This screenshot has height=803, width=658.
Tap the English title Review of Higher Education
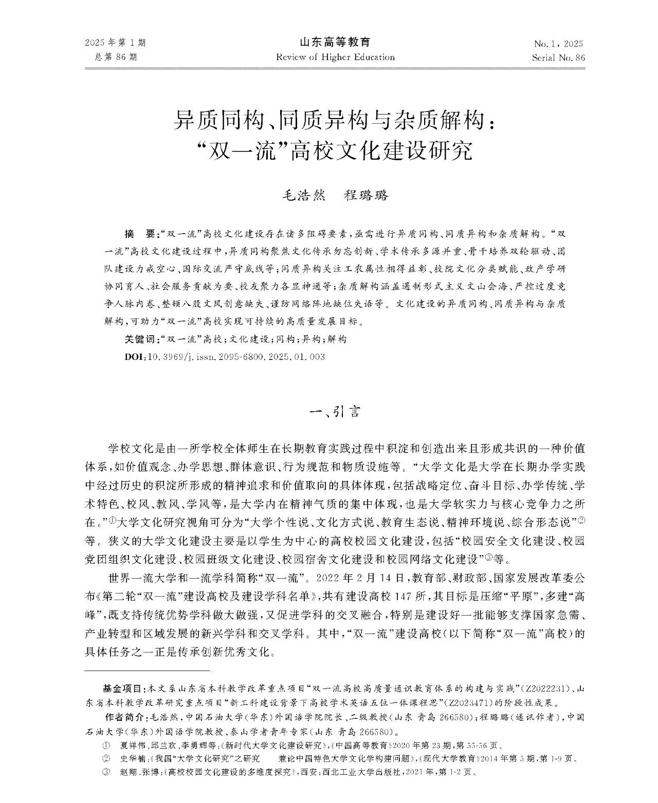(x=335, y=57)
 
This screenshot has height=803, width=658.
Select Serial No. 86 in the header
(x=558, y=58)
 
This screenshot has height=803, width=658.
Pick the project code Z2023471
(x=467, y=702)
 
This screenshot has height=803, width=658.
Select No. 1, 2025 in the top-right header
(x=558, y=44)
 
